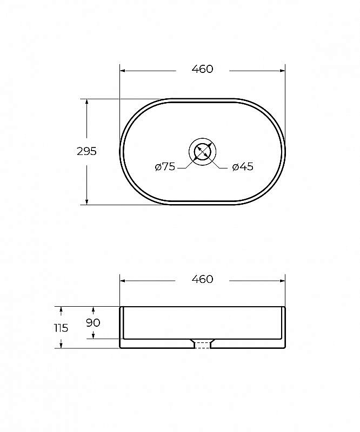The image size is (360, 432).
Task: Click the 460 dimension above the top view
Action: (x=203, y=69)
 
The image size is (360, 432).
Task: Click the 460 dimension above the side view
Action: (x=203, y=279)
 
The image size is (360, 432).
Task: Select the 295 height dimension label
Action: (x=86, y=151)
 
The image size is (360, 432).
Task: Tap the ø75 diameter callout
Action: (x=165, y=166)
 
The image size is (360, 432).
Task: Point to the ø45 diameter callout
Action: (x=243, y=166)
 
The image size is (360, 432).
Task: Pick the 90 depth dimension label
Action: (x=93, y=322)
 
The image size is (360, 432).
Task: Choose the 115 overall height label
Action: (x=61, y=328)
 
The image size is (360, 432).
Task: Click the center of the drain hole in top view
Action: (x=203, y=152)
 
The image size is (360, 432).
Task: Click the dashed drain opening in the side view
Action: (x=203, y=345)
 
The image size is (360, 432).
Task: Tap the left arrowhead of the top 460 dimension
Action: (x=123, y=71)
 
